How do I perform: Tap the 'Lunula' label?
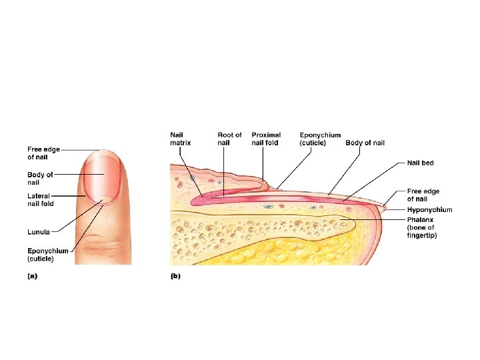pyautogui.click(x=38, y=231)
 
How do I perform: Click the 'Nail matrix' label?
pyautogui.click(x=181, y=139)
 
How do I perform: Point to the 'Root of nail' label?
pyautogui.click(x=229, y=139)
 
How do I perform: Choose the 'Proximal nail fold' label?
pyautogui.click(x=266, y=139)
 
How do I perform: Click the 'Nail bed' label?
pyautogui.click(x=422, y=163)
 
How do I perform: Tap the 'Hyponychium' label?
pyautogui.click(x=429, y=210)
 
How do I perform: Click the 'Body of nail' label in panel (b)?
pyautogui.click(x=365, y=143)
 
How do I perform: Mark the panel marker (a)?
pyautogui.click(x=31, y=275)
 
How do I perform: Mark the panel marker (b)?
pyautogui.click(x=175, y=275)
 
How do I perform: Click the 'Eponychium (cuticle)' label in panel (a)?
pyautogui.click(x=47, y=254)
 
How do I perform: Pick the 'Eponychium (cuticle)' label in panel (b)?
pyautogui.click(x=320, y=139)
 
